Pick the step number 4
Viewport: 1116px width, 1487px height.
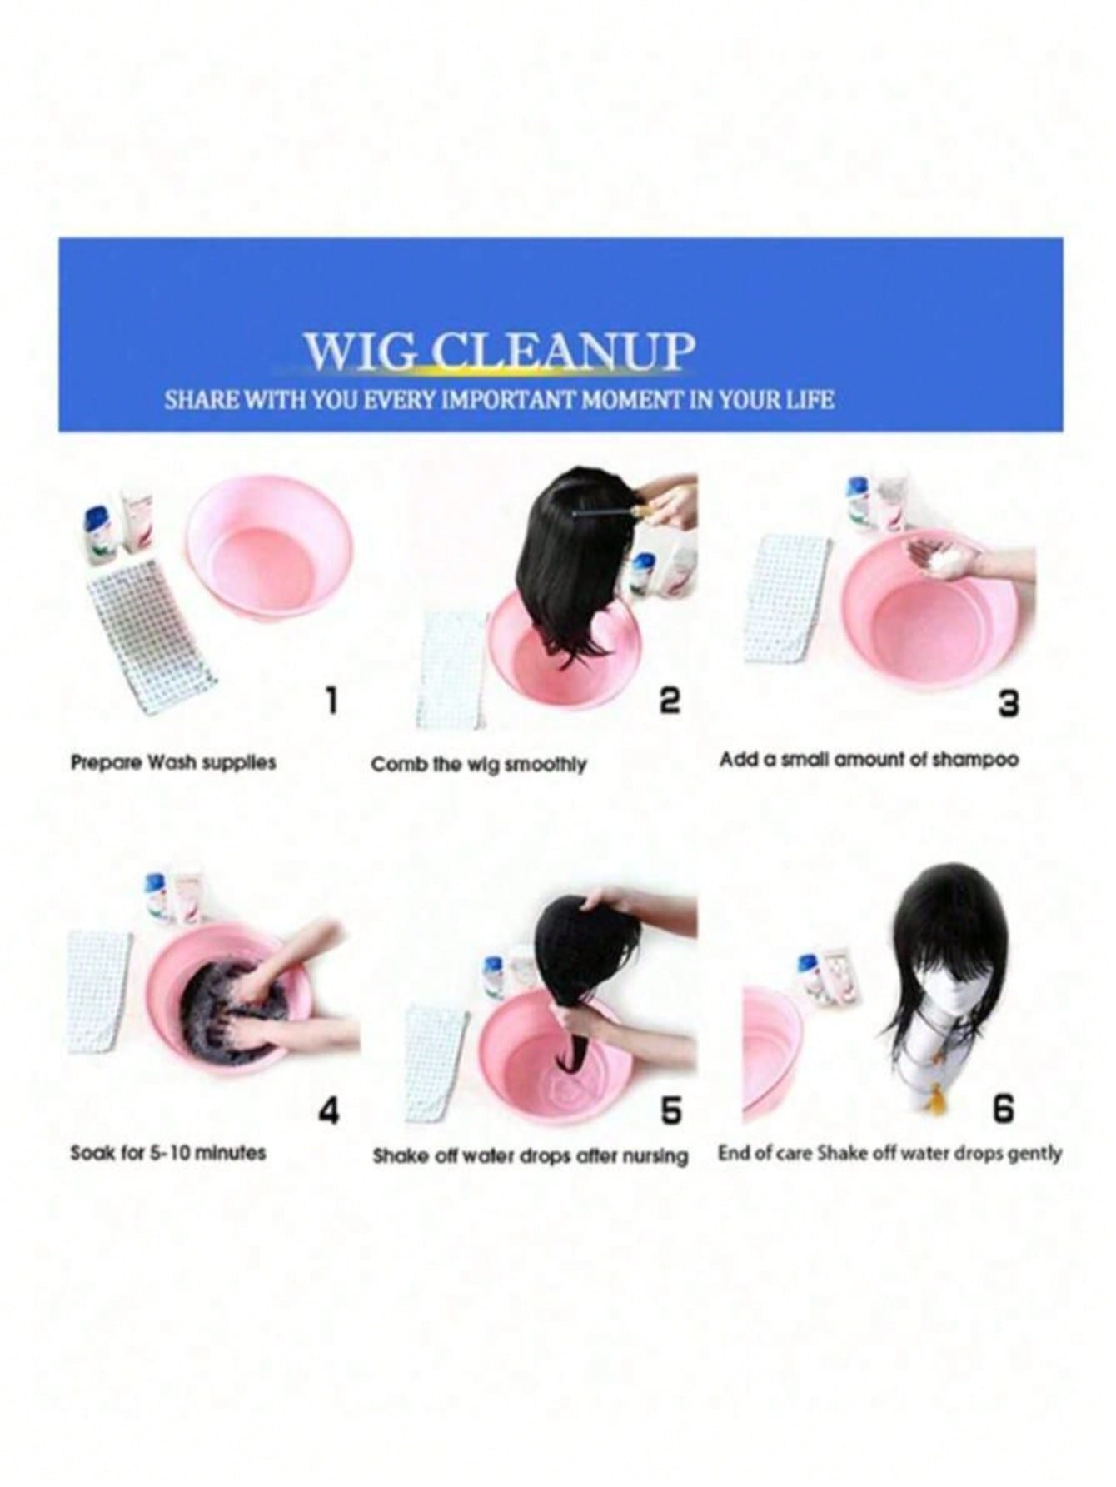[x=330, y=1111]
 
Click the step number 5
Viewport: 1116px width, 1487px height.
[x=671, y=1111]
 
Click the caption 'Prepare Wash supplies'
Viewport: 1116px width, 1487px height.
[x=173, y=762]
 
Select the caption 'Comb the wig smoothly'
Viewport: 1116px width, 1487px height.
[x=479, y=765]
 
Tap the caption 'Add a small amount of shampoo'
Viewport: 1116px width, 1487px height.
[x=869, y=760]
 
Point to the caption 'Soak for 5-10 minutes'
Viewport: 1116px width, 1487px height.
[x=168, y=1153]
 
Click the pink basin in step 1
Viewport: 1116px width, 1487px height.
[x=268, y=559]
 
